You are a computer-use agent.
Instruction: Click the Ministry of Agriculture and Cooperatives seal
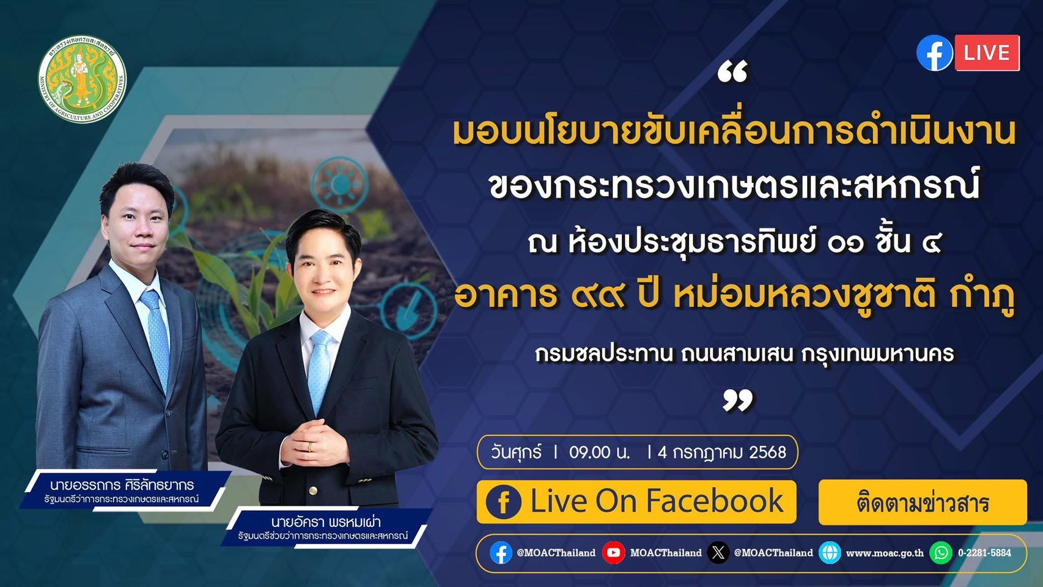(82, 79)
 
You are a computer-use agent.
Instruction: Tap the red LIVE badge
(987, 53)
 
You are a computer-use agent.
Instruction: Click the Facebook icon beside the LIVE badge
(935, 53)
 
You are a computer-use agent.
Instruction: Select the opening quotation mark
(732, 72)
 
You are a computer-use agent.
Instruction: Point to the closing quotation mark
(737, 400)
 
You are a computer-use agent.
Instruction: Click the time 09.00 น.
(599, 452)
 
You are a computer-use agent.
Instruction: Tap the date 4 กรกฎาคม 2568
(721, 452)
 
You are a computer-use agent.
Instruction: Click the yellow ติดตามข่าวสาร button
(923, 502)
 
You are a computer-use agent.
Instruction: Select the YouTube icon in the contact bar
(613, 553)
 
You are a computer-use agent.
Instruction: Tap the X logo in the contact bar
(718, 553)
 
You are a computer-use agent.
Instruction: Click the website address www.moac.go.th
(885, 553)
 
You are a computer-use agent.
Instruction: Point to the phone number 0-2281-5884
(984, 553)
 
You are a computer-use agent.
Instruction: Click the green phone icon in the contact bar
(941, 553)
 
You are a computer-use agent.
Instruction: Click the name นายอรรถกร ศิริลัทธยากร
(122, 484)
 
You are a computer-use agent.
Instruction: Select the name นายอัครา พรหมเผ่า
(326, 522)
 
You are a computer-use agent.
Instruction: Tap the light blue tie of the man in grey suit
(157, 336)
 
